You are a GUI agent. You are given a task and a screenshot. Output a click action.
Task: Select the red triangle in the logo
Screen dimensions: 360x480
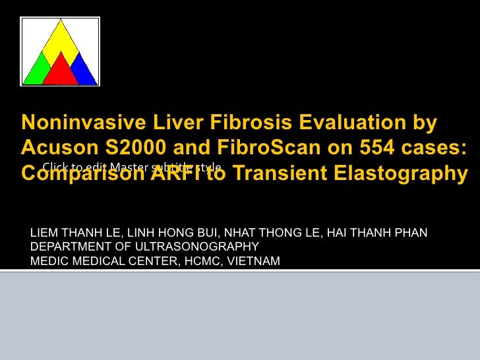(x=61, y=71)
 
